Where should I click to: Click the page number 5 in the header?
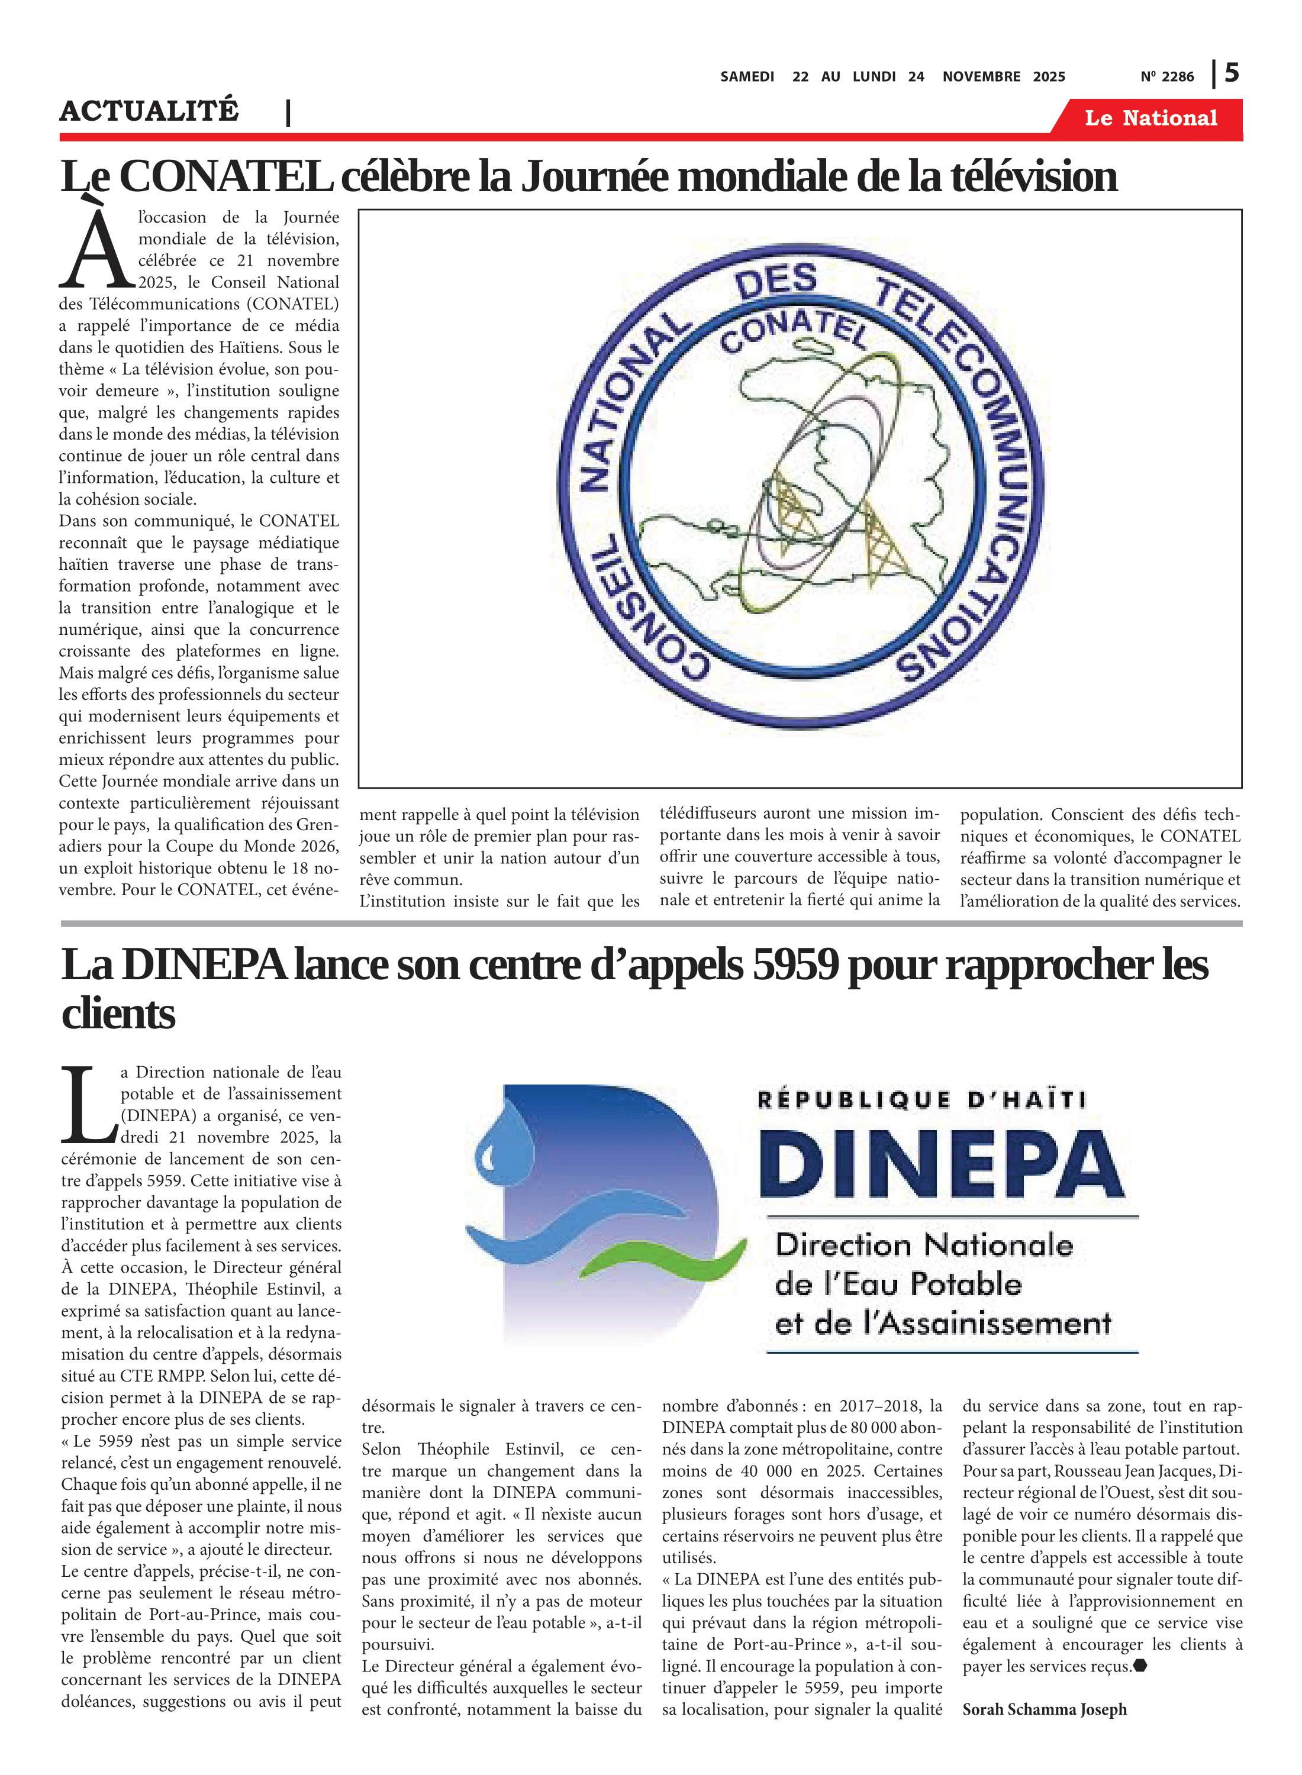1232,73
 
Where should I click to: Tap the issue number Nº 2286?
1166,77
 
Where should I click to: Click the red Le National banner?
1150,118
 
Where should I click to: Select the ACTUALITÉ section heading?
149,111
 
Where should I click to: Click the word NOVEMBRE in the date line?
981,77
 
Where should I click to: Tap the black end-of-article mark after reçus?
1140,1666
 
